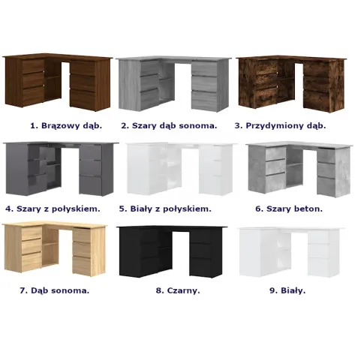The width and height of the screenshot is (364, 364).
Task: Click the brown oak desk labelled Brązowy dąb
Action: point(58,82)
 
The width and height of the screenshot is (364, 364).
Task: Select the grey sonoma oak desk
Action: point(174,84)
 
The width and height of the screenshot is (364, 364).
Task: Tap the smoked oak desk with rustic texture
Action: point(291,84)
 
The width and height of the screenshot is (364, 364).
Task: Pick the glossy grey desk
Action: point(60,169)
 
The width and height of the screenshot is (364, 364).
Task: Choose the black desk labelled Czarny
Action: point(172,251)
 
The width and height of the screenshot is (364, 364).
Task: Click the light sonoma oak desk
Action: point(55,249)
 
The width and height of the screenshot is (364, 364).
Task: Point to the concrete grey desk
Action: point(299,170)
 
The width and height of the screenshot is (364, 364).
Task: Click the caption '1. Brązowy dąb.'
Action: point(66,125)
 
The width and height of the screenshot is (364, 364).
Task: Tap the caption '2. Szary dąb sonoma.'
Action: point(169,125)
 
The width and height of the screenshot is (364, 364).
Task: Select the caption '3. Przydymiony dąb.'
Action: point(281,125)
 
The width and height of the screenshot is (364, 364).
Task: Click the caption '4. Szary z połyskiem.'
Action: point(53,209)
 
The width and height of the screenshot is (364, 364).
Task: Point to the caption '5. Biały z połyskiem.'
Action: point(165,209)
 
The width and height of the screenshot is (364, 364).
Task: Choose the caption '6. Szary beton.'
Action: point(289,209)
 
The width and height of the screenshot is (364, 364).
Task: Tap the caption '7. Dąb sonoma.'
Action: point(55,290)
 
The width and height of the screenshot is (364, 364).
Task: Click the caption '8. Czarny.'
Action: point(178,290)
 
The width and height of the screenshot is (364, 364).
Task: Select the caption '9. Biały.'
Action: point(287,290)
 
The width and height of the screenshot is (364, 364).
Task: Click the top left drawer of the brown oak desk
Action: point(33,66)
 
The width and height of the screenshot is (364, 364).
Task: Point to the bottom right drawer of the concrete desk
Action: point(326,186)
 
